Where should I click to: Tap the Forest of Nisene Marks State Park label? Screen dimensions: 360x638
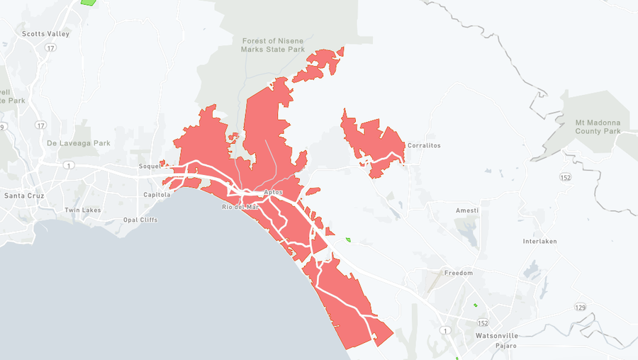coord(273,45)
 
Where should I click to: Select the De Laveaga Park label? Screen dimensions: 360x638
coord(79,143)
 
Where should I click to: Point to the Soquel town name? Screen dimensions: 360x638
coord(150,167)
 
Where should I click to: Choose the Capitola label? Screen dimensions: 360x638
coord(157,194)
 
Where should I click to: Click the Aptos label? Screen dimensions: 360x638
coord(273,193)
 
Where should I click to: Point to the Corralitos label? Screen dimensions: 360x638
coord(424,145)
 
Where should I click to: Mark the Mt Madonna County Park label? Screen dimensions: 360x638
coord(598,127)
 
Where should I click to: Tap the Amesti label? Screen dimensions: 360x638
coord(467,210)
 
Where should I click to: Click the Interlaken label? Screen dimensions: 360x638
coord(539,241)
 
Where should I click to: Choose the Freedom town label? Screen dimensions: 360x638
coord(458,273)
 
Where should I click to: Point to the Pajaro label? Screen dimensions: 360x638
coord(506,346)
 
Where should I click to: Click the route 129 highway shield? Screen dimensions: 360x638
coord(581,307)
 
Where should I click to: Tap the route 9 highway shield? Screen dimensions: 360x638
coord(3,127)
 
